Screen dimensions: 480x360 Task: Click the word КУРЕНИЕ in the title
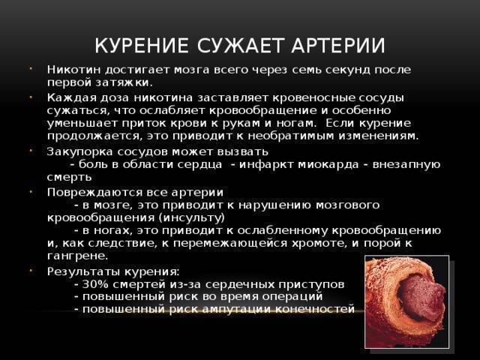point(142,46)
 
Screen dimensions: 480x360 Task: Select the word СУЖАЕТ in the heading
point(239,46)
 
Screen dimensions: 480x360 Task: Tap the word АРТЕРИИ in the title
point(338,46)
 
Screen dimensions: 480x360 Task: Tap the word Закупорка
point(80,151)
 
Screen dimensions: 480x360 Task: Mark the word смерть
point(70,177)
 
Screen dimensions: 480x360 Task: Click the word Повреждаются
point(94,193)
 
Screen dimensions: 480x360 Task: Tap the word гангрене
point(78,256)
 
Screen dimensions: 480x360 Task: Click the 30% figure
point(95,284)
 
